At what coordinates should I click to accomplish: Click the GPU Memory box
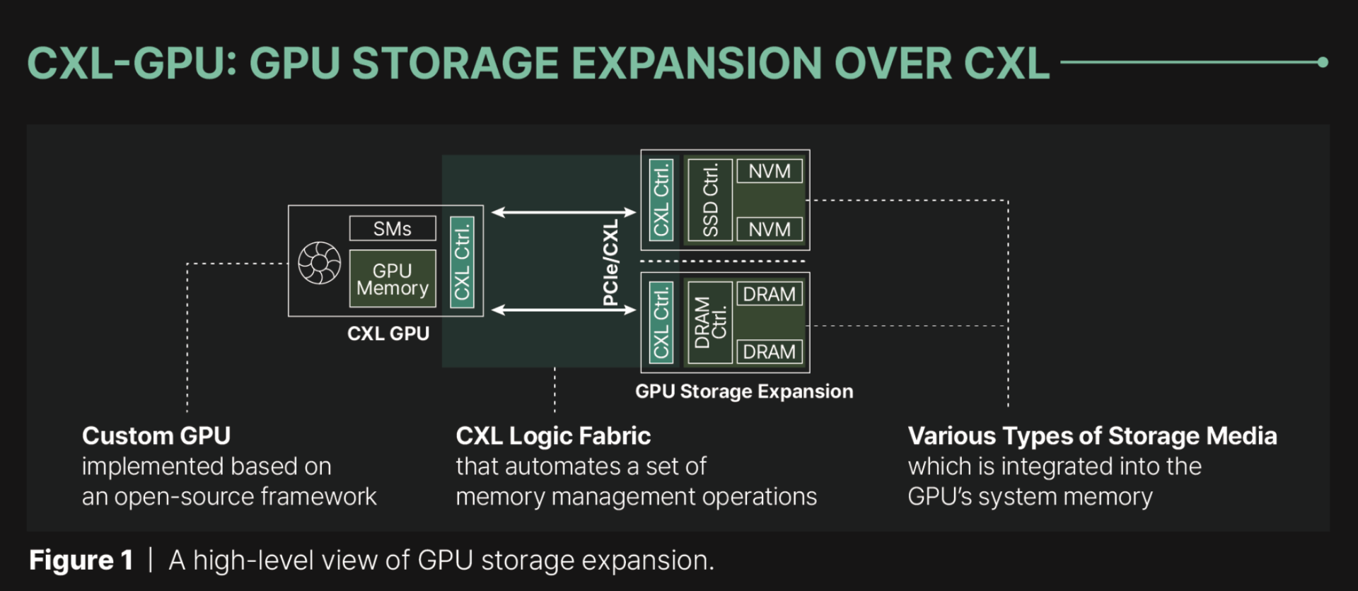393,279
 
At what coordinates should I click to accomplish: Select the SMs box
393,228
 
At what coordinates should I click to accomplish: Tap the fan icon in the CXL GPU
319,263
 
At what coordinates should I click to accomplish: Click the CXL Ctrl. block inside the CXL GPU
462,262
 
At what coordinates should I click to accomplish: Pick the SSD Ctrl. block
710,200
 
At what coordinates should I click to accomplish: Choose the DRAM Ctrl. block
710,322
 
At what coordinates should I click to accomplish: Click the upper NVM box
770,171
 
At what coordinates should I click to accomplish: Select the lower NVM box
770,229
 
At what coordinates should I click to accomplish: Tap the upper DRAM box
770,294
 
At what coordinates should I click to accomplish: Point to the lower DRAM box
770,351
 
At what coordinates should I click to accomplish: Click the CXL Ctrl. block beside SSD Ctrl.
661,200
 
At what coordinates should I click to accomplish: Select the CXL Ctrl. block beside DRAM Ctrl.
661,322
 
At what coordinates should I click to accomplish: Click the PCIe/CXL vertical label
610,262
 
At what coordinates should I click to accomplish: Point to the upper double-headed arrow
564,212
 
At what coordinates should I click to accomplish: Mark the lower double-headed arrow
564,310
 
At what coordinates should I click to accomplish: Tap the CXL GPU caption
388,334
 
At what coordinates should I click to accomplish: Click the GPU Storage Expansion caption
744,392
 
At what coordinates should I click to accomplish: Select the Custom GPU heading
156,435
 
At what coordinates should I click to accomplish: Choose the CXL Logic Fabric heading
553,435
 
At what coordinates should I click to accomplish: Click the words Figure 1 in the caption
81,561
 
